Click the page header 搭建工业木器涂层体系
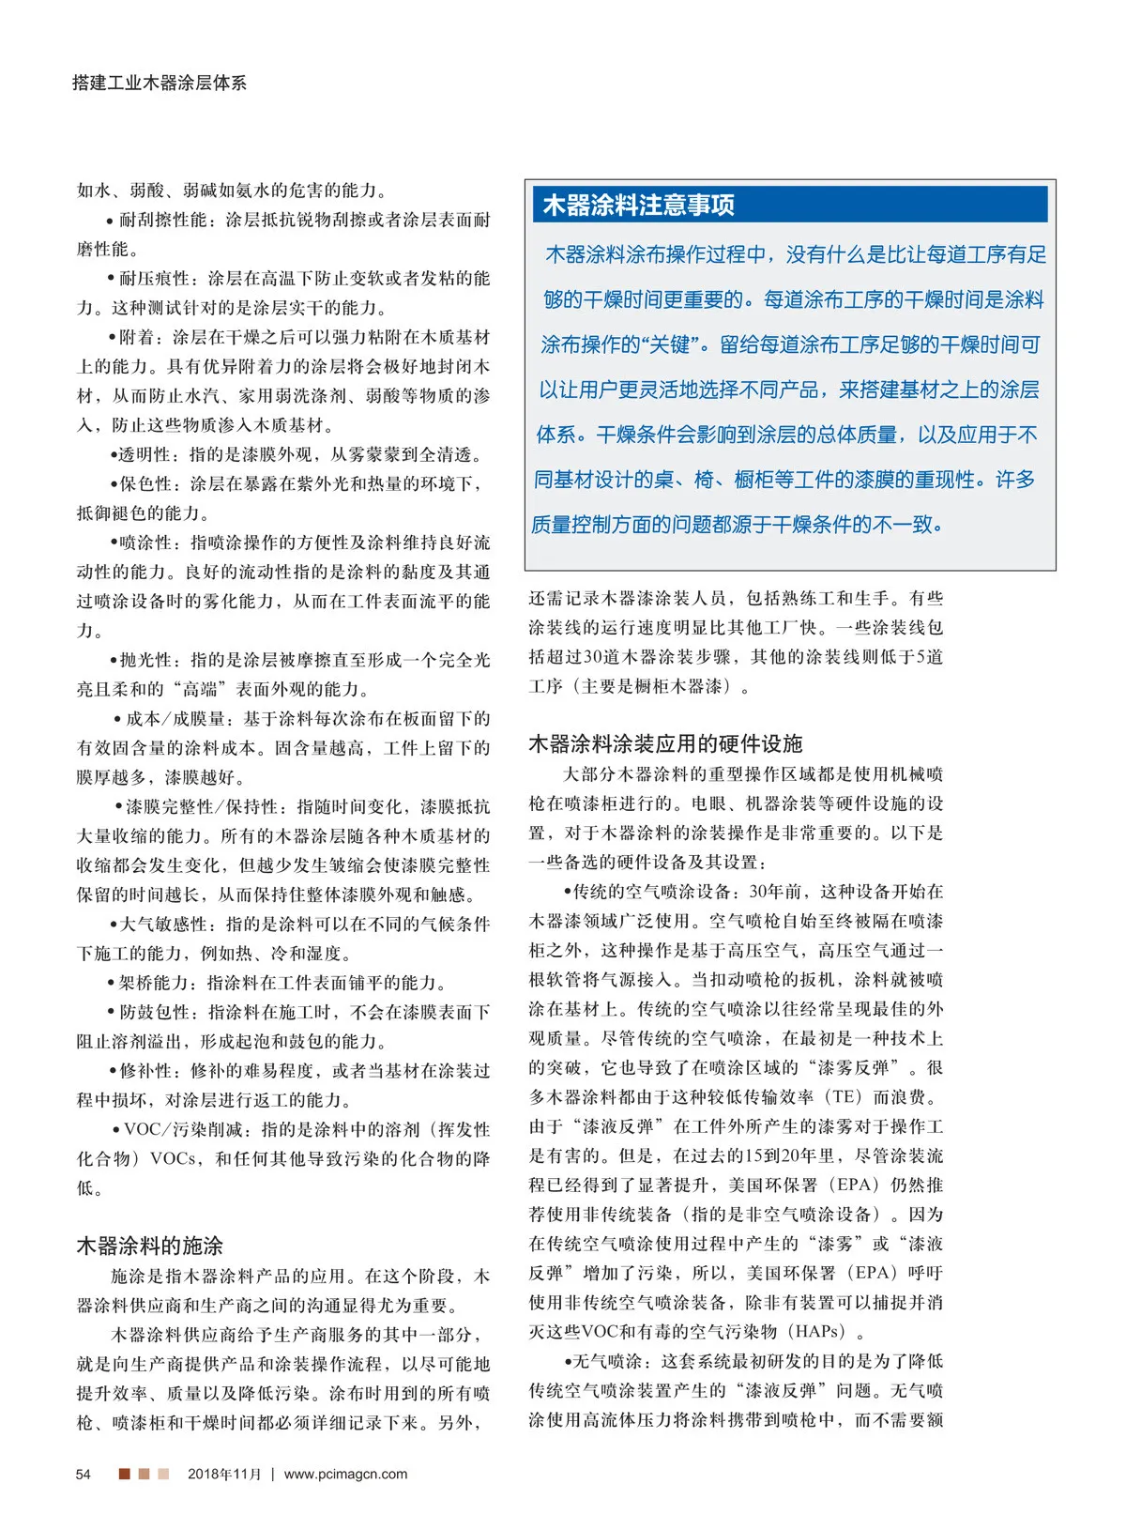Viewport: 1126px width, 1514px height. pos(160,83)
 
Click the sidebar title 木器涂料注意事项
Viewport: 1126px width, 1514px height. pos(638,206)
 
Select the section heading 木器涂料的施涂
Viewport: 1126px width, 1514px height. pos(149,1246)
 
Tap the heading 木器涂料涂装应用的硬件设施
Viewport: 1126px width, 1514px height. pos(665,744)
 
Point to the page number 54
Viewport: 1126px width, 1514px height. pos(84,1474)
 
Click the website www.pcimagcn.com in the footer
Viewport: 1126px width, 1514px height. pos(345,1474)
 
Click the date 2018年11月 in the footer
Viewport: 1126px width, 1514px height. pos(224,1474)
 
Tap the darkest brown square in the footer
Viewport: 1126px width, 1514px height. pos(124,1474)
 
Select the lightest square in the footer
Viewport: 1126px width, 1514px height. pos(163,1474)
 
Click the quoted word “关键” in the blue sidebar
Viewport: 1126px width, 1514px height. pos(670,344)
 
